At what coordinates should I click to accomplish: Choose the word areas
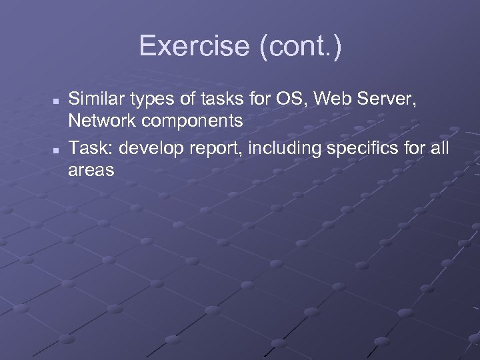point(91,171)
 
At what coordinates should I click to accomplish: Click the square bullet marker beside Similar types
point(57,101)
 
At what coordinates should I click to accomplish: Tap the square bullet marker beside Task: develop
point(57,149)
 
